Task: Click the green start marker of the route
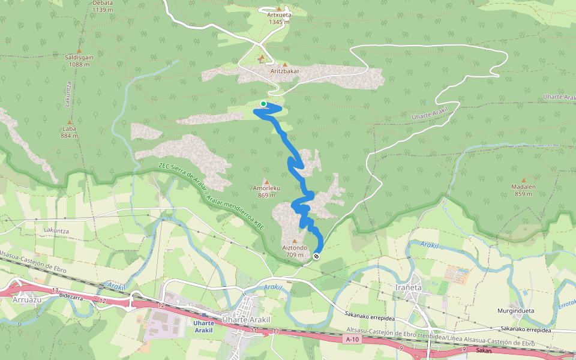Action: (263, 104)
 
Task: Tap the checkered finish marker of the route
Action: (316, 256)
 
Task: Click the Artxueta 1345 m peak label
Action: (279, 18)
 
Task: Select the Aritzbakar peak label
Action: (284, 71)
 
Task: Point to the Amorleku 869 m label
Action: (266, 191)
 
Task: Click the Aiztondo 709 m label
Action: (294, 251)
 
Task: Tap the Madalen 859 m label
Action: (524, 190)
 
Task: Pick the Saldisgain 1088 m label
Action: (79, 60)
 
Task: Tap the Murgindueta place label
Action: (516, 311)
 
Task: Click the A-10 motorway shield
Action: (352, 340)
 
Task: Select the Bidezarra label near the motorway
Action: (71, 296)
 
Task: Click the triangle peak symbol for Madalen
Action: (524, 180)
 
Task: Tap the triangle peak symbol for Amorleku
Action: (266, 182)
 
